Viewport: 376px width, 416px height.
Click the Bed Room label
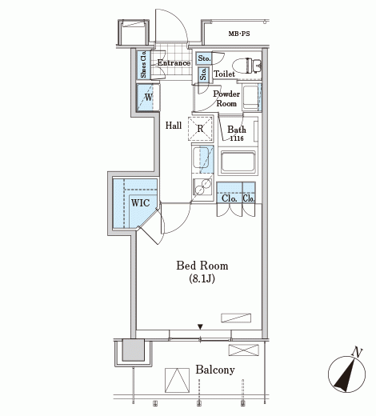point(202,266)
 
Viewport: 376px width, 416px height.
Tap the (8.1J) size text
point(202,278)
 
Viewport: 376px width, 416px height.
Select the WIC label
point(140,203)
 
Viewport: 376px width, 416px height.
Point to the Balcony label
point(215,370)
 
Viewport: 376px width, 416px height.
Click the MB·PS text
point(239,34)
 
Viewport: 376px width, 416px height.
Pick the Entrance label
point(174,63)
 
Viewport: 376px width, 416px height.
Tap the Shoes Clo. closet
point(143,64)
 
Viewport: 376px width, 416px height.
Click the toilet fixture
point(246,66)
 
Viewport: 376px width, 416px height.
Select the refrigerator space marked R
point(200,129)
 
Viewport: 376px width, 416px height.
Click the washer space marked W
point(148,98)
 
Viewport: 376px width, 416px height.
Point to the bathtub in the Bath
point(238,162)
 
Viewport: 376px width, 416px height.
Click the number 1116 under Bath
point(237,138)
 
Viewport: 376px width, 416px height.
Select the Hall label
point(174,126)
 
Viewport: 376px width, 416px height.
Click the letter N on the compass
point(357,353)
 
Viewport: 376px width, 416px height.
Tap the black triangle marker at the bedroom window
point(200,326)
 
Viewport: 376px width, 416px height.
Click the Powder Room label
point(226,98)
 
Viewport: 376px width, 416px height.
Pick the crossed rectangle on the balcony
point(244,350)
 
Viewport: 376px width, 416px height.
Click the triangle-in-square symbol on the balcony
point(177,380)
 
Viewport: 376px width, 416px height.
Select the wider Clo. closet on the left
point(230,193)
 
